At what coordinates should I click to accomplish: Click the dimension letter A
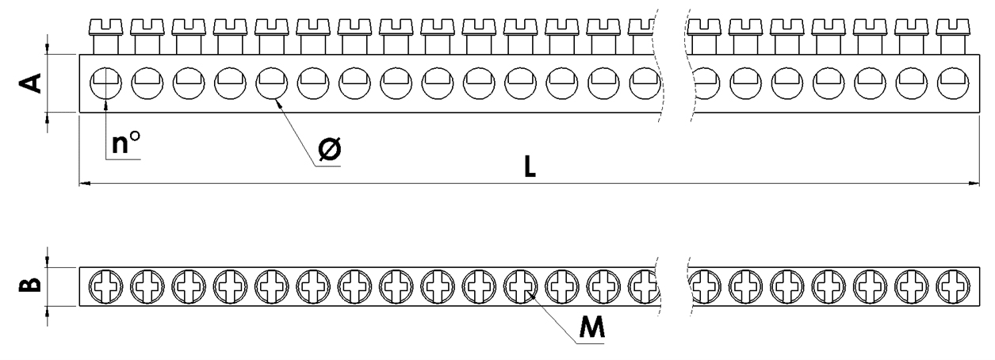(30, 83)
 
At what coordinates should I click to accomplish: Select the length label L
(530, 167)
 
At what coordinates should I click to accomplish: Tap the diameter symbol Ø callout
(330, 149)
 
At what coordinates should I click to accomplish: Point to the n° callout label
(126, 142)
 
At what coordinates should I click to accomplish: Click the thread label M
(592, 327)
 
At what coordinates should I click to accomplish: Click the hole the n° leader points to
(105, 83)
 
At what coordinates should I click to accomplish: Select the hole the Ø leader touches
(271, 83)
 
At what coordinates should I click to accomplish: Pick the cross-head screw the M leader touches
(521, 286)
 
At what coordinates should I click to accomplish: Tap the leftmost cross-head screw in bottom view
(105, 286)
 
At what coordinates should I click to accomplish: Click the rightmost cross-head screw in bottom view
(953, 286)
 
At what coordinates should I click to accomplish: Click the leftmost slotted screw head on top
(105, 27)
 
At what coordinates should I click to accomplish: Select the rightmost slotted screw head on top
(953, 27)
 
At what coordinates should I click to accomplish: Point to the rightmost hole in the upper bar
(953, 83)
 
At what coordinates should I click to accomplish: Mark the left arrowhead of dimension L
(84, 182)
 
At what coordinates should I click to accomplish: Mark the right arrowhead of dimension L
(974, 182)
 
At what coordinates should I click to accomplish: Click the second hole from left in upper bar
(147, 83)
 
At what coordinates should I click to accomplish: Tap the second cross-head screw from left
(147, 286)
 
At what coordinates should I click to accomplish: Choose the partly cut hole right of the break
(707, 83)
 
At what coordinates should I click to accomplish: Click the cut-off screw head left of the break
(641, 27)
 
